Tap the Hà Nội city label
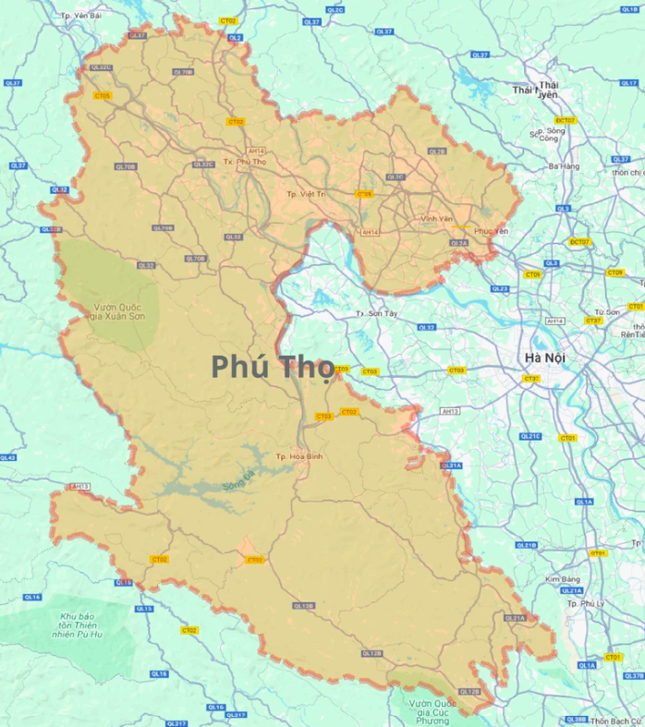tap(544, 357)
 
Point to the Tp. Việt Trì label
tap(306, 194)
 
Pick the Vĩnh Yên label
tap(436, 219)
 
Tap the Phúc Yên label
tap(491, 230)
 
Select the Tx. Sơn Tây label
tap(375, 314)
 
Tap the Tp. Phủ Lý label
tap(585, 602)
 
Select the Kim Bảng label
tap(562, 579)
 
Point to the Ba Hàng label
tap(564, 166)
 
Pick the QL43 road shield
tap(7, 457)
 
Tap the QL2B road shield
tap(437, 151)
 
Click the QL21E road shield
tap(529, 436)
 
